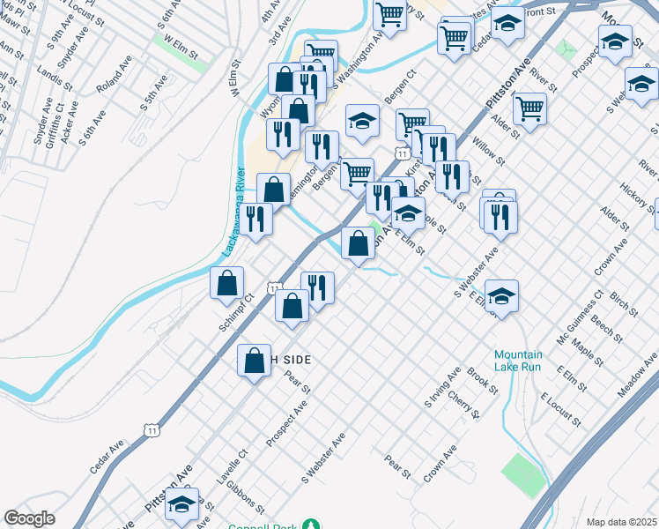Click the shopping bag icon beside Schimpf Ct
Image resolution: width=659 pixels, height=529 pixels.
[x=227, y=284]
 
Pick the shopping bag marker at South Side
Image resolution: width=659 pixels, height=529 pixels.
[x=255, y=361]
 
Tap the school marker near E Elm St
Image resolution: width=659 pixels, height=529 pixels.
[x=501, y=296]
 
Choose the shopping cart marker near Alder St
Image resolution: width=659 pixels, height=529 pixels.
[x=529, y=109]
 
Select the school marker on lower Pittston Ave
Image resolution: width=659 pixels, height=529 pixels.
[x=182, y=506]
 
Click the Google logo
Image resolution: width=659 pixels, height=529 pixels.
[x=29, y=518]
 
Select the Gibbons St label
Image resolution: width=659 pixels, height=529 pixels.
[x=245, y=495]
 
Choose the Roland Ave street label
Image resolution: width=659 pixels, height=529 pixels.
[x=114, y=76]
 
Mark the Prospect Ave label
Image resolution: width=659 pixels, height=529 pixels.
[x=286, y=423]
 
